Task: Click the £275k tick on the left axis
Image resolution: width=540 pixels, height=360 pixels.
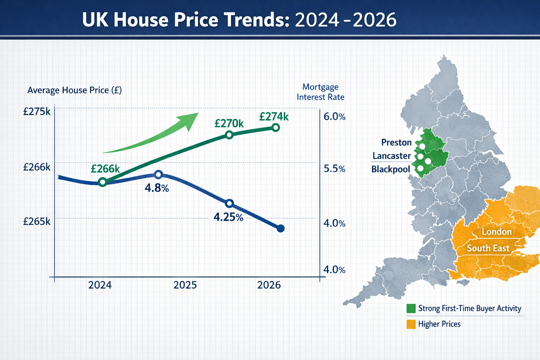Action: (37, 112)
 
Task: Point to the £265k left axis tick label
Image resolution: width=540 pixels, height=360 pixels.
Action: (37, 221)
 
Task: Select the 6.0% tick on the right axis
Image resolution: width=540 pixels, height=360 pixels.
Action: (334, 117)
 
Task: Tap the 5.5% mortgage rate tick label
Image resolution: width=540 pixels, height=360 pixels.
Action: (334, 169)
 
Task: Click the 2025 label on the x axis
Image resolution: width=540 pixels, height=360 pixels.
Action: (185, 285)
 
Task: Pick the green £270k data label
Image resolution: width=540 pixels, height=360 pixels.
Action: (229, 123)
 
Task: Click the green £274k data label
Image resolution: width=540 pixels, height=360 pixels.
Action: (274, 116)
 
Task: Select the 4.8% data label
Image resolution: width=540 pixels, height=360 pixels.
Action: (157, 188)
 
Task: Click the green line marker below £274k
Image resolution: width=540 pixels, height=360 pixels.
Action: (276, 127)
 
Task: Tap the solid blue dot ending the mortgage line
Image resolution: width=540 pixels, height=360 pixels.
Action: (281, 229)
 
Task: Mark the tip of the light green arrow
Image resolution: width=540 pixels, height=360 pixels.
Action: (198, 114)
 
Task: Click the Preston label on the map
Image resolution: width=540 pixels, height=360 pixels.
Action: (396, 142)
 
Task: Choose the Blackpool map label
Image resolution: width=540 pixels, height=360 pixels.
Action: (391, 169)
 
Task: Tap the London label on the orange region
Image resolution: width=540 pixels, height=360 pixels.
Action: (497, 232)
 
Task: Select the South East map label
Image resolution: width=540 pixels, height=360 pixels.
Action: (488, 248)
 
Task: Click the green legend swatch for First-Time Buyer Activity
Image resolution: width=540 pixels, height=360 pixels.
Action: (411, 308)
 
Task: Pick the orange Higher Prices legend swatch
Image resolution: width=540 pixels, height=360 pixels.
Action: (411, 324)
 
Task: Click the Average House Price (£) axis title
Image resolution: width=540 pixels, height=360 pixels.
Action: (75, 90)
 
